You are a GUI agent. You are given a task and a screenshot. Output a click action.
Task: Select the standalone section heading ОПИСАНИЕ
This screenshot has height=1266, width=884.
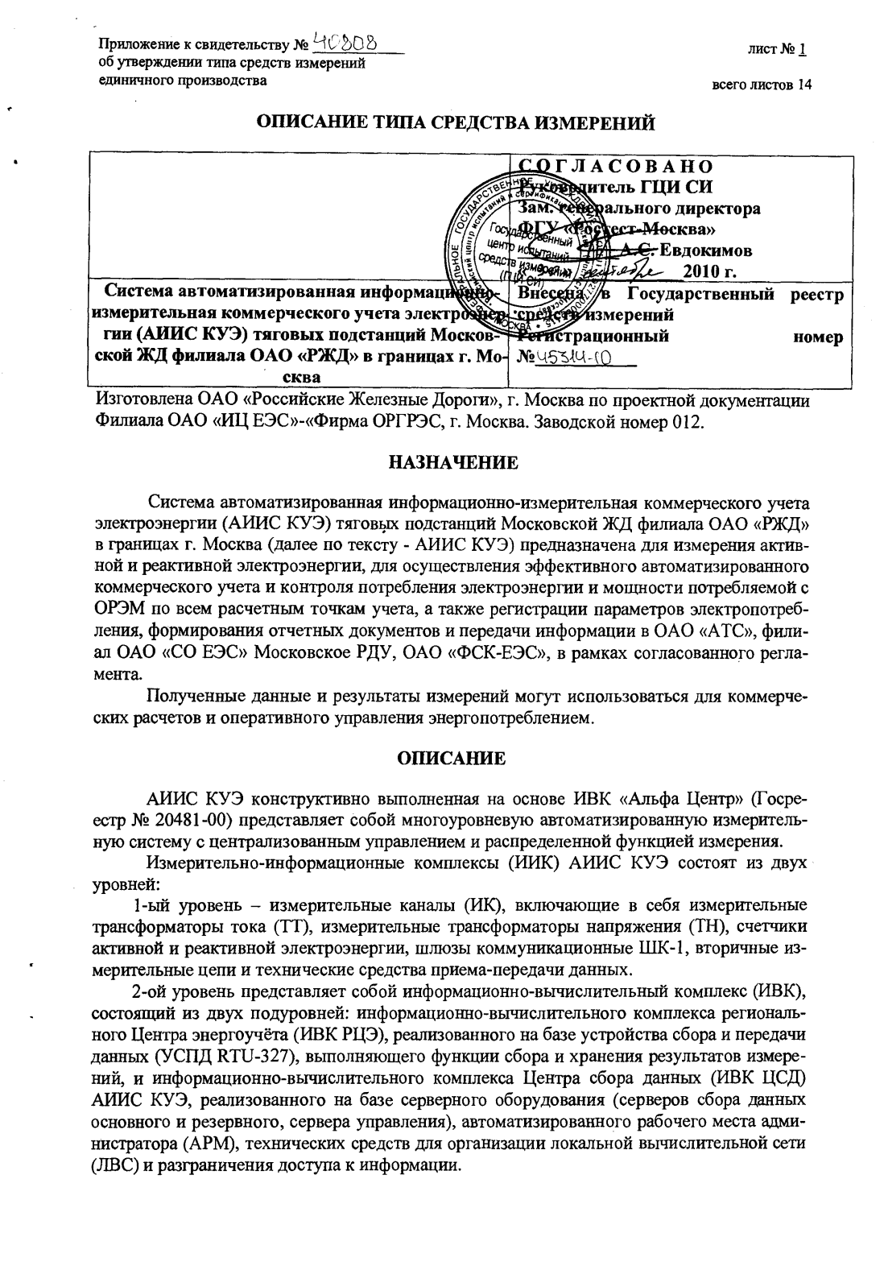(452, 759)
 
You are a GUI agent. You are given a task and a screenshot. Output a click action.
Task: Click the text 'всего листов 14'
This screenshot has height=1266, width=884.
(761, 85)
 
